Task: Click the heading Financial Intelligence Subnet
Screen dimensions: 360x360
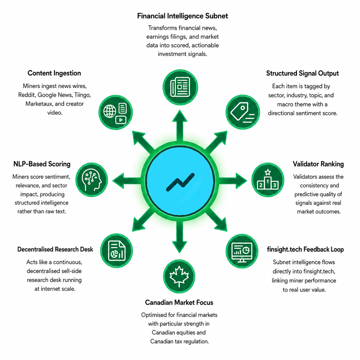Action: (x=182, y=16)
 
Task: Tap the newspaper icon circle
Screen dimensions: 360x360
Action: (x=180, y=87)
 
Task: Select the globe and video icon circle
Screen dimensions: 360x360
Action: (x=115, y=112)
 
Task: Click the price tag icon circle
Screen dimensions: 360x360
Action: (x=243, y=112)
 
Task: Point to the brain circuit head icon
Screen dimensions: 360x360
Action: (x=92, y=179)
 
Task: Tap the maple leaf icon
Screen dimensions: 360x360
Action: (x=179, y=276)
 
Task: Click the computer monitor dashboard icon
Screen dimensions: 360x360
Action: (x=242, y=252)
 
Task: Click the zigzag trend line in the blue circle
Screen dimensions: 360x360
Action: (x=180, y=182)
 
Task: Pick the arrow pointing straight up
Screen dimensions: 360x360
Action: (x=180, y=125)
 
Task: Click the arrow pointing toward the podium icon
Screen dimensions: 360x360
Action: (x=232, y=181)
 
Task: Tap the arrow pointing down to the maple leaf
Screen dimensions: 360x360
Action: (x=179, y=237)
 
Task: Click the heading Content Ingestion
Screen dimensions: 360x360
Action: (x=54, y=73)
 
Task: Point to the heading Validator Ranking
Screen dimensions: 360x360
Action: (x=318, y=164)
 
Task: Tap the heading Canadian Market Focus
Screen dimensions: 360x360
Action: (x=179, y=303)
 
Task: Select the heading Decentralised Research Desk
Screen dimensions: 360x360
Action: (x=55, y=249)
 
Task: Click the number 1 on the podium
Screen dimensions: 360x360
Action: (x=268, y=181)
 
